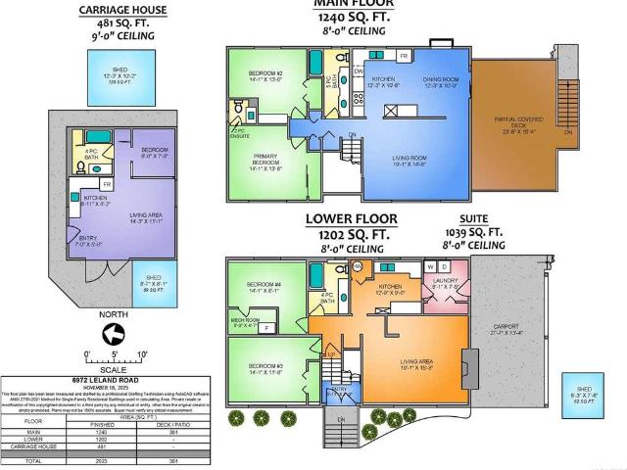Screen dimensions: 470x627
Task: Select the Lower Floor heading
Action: click(x=350, y=218)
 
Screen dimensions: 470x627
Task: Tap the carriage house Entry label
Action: click(x=87, y=240)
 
